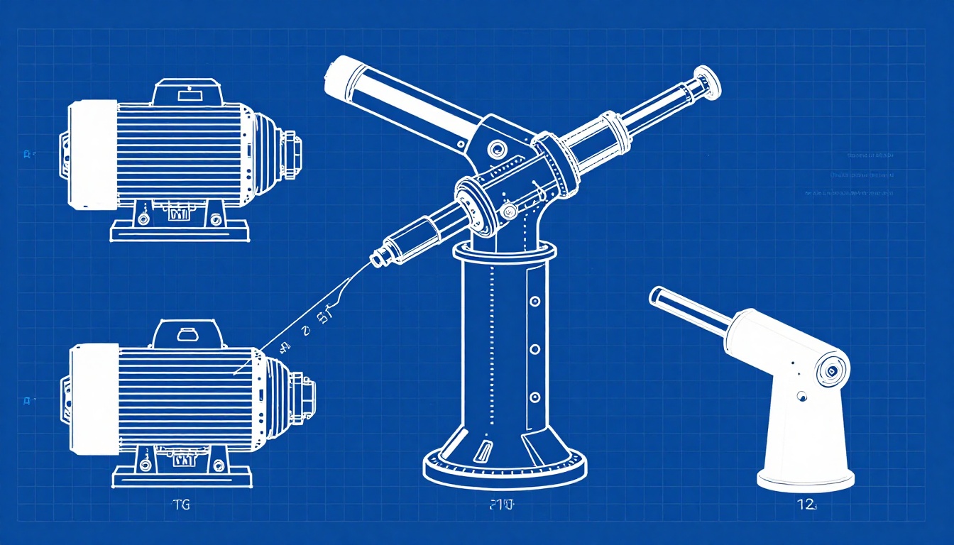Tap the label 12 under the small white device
coord(806,505)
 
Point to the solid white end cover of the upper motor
coord(93,155)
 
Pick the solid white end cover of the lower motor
coord(94,399)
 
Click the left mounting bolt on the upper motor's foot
coord(143,219)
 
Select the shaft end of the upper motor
coord(295,152)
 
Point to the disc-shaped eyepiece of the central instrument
coord(708,82)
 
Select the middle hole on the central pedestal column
coord(534,349)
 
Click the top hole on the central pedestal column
coord(534,302)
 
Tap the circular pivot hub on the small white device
coord(829,369)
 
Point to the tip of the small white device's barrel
coord(656,294)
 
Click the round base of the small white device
coord(805,480)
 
